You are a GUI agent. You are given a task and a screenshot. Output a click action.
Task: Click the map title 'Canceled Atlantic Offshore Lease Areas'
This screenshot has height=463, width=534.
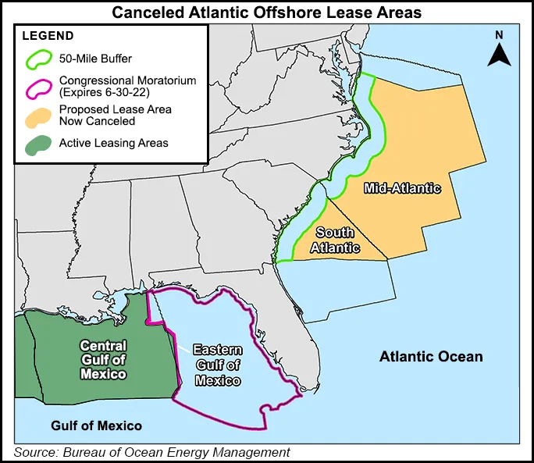pos(267,12)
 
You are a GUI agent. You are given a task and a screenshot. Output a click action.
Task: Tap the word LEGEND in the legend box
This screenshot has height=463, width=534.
pos(48,36)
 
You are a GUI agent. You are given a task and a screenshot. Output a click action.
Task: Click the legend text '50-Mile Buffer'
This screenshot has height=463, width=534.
pos(95,57)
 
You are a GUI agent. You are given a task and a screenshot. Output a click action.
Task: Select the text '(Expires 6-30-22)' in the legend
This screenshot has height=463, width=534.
pos(105,92)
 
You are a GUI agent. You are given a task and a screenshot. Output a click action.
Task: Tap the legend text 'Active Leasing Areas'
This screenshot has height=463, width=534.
pos(113,143)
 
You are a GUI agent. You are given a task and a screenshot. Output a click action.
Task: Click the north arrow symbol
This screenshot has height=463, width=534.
pos(499,55)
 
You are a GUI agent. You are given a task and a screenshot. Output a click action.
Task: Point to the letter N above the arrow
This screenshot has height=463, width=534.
pos(499,34)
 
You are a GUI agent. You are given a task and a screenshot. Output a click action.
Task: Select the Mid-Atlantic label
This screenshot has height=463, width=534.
pos(402,188)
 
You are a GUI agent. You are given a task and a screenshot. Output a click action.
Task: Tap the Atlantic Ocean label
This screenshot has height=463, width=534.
pos(431,357)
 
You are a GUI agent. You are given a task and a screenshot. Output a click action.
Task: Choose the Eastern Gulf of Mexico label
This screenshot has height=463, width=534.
pos(218,365)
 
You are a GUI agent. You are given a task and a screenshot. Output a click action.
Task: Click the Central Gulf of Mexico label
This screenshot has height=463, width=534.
pos(103,359)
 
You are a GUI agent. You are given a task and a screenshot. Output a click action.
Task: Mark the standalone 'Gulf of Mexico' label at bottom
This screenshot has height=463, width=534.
pos(97,426)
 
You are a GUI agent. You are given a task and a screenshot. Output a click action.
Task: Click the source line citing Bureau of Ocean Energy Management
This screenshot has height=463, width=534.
pos(152,452)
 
